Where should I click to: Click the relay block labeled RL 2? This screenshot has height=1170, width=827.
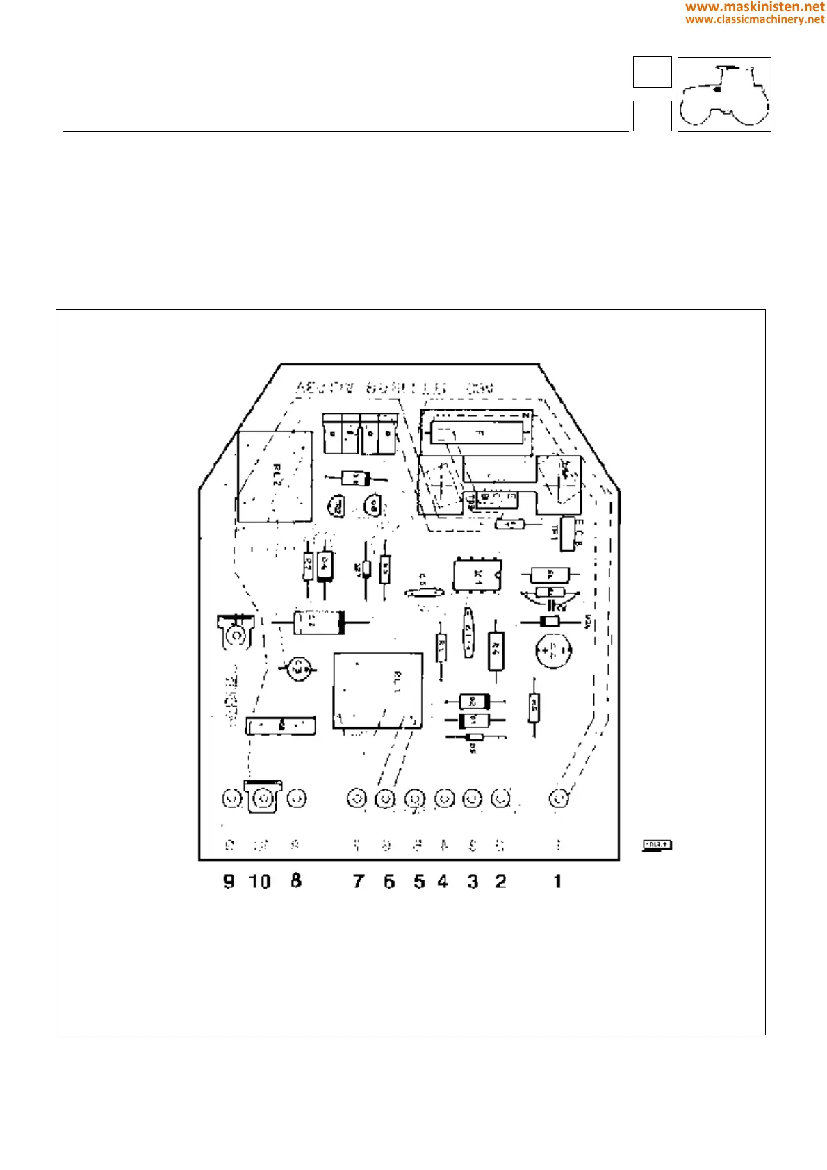(275, 477)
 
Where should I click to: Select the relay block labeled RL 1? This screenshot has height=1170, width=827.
(377, 691)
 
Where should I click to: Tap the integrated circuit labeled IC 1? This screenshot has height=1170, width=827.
(477, 575)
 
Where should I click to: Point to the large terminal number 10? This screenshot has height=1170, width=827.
(260, 882)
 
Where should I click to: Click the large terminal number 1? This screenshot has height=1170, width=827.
(557, 881)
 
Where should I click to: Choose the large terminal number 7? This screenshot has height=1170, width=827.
(358, 882)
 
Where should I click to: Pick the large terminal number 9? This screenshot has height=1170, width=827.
(229, 882)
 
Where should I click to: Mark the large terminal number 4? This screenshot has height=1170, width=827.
(443, 881)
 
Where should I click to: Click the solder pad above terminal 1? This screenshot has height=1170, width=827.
(559, 799)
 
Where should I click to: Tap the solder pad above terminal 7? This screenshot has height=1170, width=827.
(357, 799)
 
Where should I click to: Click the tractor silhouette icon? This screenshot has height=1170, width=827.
(724, 94)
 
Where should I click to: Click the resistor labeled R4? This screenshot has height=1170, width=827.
(496, 650)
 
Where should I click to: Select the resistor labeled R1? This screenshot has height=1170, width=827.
(441, 649)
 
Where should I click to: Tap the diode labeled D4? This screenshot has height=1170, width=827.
(324, 565)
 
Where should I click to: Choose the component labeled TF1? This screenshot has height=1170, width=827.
(568, 533)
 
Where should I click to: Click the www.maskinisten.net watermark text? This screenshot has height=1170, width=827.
(755, 7)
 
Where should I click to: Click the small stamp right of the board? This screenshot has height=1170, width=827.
(657, 845)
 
